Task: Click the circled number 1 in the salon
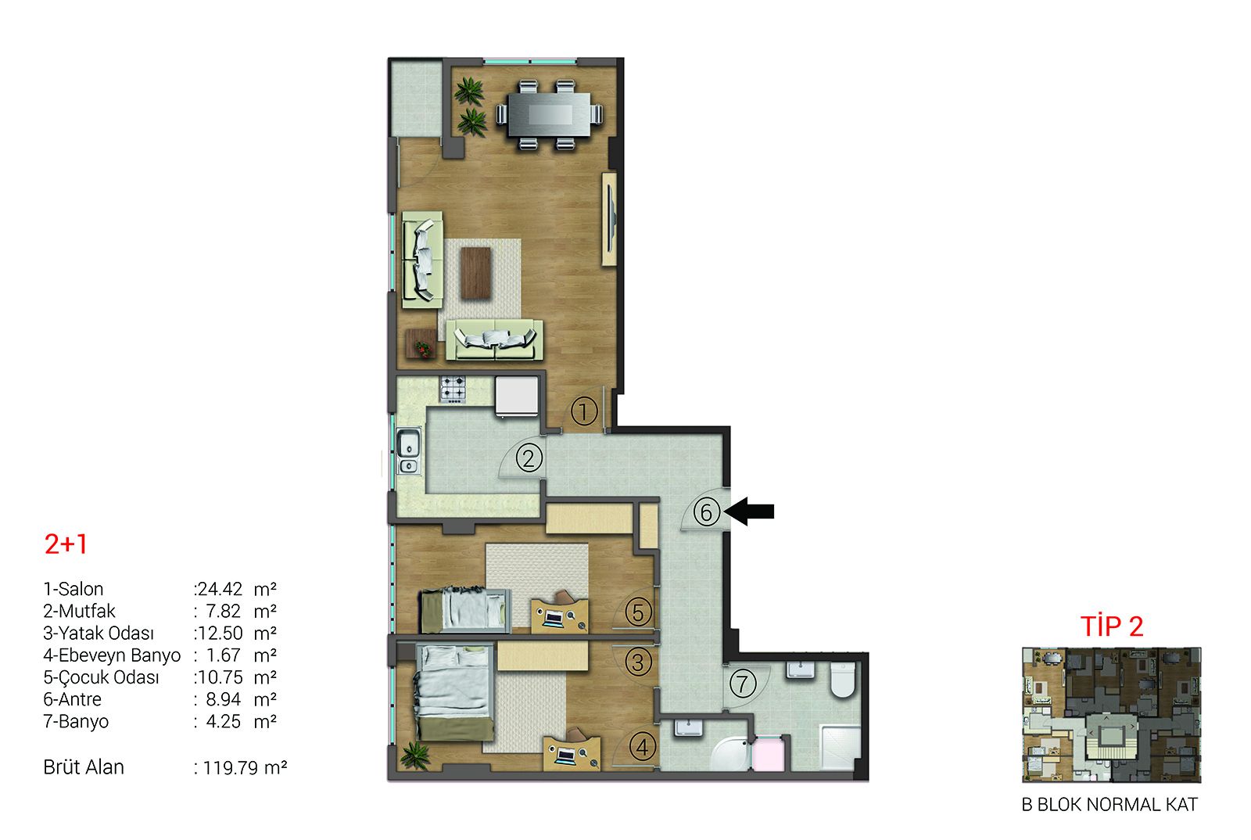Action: point(583,411)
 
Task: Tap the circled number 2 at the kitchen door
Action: point(529,458)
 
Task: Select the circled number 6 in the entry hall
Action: point(707,512)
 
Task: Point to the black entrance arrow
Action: point(750,511)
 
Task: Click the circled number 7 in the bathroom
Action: point(742,683)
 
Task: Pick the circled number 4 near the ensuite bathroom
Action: point(642,747)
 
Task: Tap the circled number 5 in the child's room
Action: point(638,612)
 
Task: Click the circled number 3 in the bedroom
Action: point(638,662)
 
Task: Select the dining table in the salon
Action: point(550,114)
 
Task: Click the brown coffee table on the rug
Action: point(476,272)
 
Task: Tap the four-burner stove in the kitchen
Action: point(453,389)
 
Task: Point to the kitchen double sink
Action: point(409,451)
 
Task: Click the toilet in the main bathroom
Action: point(842,680)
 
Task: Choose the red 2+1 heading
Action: point(66,544)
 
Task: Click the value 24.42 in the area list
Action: point(220,589)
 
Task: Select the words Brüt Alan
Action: point(84,767)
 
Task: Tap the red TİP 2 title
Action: point(1112,626)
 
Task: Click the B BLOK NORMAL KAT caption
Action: point(1109,805)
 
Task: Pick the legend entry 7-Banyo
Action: point(76,721)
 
